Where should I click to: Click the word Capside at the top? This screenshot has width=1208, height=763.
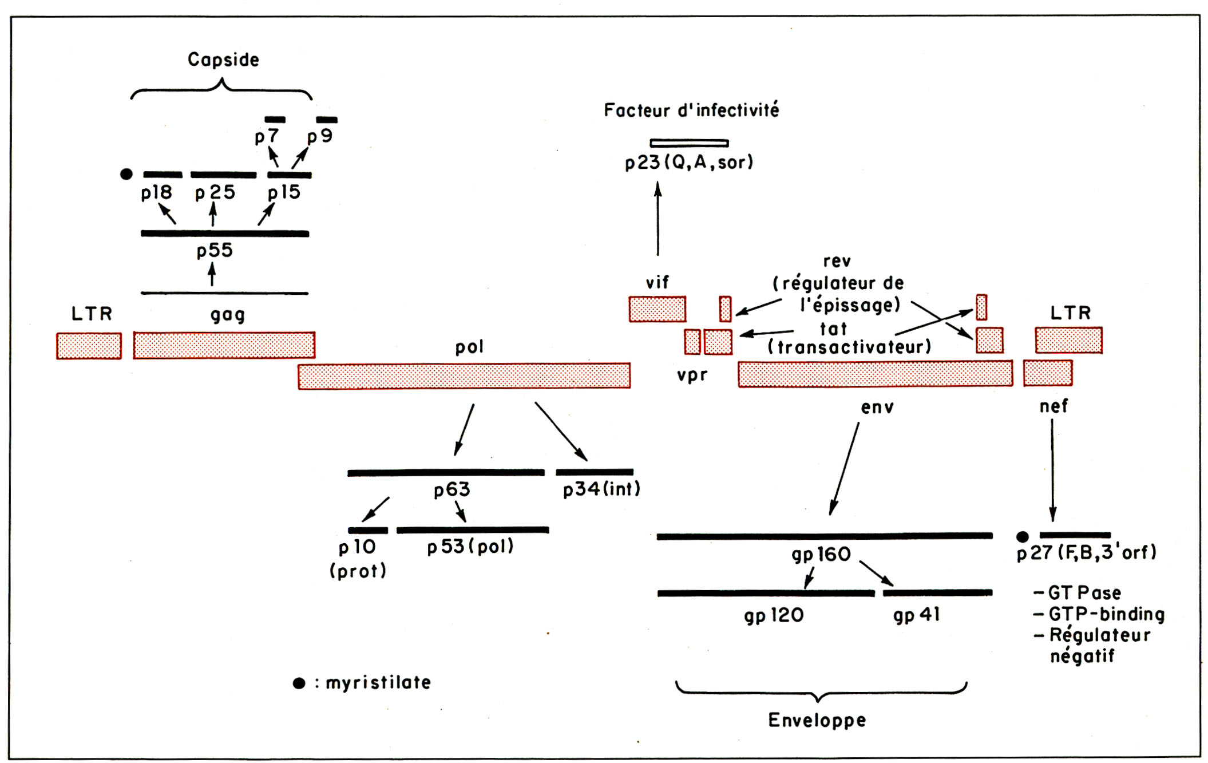[223, 60]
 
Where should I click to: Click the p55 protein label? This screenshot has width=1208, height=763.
[215, 251]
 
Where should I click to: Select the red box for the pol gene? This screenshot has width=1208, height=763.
[464, 376]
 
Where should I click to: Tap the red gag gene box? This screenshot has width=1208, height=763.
[224, 345]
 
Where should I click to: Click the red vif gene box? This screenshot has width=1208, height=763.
[657, 309]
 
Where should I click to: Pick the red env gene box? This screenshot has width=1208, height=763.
[875, 374]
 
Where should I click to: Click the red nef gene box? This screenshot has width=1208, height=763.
[1047, 373]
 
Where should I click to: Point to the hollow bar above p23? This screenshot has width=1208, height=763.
[689, 143]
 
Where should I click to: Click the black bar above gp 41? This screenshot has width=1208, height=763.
[937, 593]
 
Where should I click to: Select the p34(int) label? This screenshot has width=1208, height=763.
[601, 489]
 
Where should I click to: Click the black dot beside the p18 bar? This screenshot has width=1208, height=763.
[126, 174]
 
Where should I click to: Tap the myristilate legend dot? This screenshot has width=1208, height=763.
[299, 683]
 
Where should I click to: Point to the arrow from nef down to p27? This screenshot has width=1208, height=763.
[1052, 469]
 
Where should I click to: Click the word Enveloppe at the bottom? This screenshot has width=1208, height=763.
[817, 720]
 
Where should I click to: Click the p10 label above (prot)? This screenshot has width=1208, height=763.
[357, 548]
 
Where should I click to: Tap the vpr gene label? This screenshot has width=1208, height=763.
[692, 375]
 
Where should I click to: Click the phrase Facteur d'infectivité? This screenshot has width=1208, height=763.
[691, 110]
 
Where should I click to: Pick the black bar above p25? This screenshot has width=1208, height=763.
[223, 175]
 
